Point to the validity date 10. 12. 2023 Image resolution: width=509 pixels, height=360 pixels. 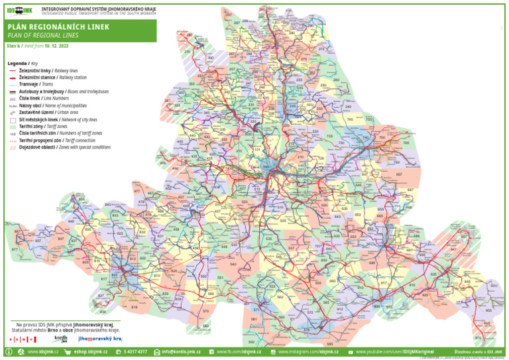point(56,46)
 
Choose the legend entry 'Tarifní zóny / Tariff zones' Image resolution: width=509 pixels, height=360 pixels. point(41,126)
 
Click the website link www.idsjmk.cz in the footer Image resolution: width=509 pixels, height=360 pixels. point(42,351)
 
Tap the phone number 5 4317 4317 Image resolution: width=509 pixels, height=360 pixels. point(135,351)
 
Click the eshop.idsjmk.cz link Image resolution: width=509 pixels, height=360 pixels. point(89,351)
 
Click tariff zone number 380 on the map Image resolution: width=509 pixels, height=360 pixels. point(189,35)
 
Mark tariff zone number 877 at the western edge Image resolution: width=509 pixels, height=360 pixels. point(15,249)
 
